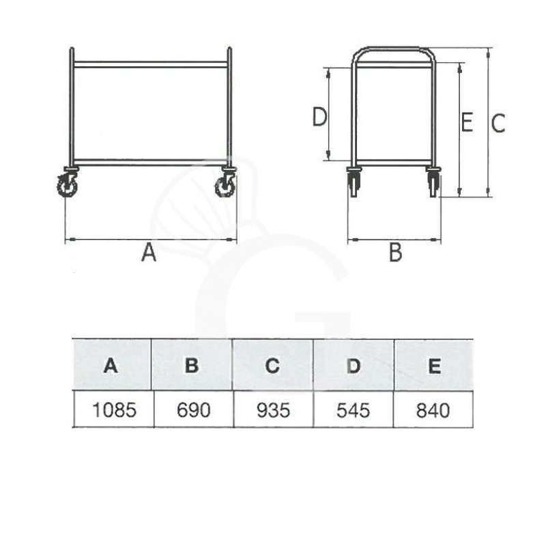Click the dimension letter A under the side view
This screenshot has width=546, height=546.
149,253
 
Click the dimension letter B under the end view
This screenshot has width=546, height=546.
395,253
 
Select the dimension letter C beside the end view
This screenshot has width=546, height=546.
499,124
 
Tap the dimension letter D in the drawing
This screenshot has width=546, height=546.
319,118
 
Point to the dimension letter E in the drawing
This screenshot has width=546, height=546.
467,123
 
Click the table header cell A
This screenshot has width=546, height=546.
111,365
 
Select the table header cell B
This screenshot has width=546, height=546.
192,365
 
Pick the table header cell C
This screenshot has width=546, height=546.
273,365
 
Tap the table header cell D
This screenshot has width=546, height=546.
353,365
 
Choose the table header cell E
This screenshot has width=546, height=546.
433,365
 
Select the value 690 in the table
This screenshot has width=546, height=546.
192,409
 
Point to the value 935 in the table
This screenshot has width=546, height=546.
273,409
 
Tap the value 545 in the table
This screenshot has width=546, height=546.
354,409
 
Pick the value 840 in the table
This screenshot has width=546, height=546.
433,409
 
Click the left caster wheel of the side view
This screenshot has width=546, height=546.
68,184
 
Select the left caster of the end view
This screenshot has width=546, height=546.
354,182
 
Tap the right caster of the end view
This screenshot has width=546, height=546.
433,182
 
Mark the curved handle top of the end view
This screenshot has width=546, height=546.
393,50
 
